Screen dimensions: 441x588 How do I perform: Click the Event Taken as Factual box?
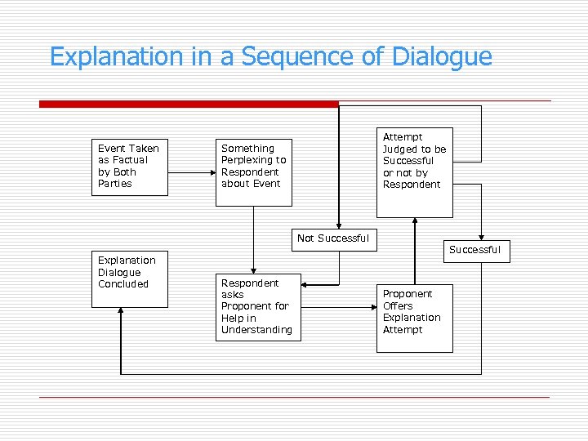pos(129,167)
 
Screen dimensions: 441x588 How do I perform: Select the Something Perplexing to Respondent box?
pos(254,167)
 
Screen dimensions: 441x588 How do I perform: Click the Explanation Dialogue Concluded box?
pos(129,278)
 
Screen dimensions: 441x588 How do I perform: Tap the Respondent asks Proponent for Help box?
pos(257,306)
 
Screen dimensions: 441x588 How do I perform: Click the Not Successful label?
pos(333,238)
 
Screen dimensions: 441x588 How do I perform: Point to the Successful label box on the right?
pos(474,250)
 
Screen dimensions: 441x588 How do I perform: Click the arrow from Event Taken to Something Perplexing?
pos(189,173)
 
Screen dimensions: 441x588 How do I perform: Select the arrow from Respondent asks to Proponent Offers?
pos(338,307)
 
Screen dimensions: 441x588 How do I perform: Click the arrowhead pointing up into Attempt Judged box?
pos(416,221)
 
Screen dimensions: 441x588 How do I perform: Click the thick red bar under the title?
pos(189,104)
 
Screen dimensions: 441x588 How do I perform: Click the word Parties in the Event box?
pos(115,184)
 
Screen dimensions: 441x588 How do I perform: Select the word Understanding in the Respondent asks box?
pos(256,330)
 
